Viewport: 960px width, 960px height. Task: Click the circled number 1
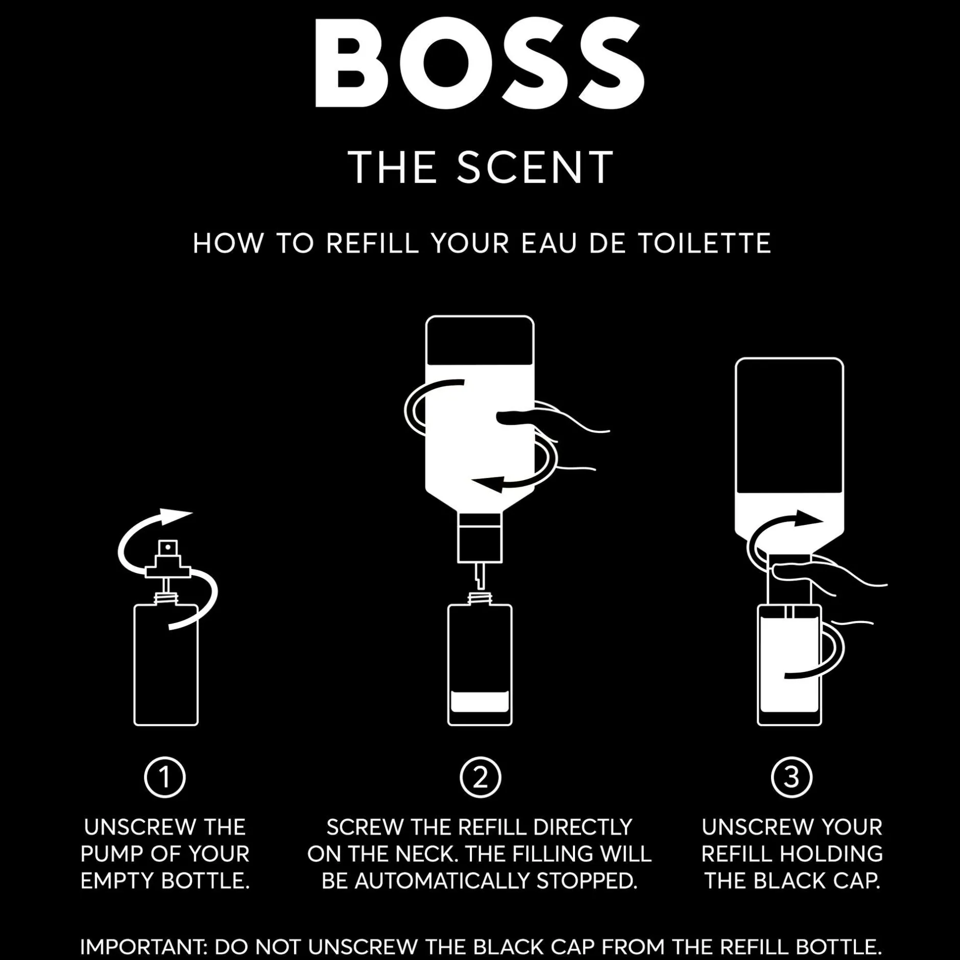(x=165, y=777)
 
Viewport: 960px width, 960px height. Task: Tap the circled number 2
(x=481, y=777)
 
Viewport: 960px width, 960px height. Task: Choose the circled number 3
(x=791, y=777)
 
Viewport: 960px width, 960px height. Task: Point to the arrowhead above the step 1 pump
(x=176, y=516)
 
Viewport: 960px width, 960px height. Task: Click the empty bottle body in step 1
(x=166, y=664)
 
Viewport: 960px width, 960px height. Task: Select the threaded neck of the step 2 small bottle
(x=480, y=598)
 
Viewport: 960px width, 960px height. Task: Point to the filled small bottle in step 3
(x=789, y=664)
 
